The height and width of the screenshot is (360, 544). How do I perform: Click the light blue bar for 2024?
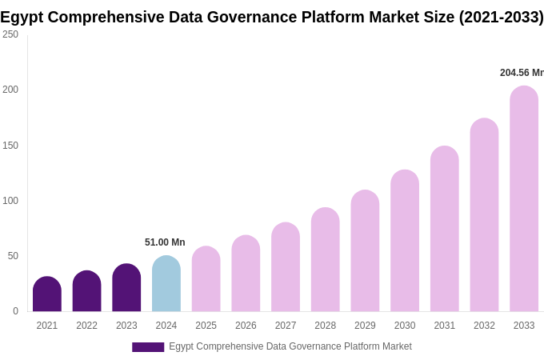click(166, 284)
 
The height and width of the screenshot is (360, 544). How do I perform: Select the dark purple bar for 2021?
click(47, 294)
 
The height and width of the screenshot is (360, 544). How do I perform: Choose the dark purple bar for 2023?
click(126, 288)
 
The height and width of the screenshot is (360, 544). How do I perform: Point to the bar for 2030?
click(405, 241)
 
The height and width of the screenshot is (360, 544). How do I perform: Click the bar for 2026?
click(246, 274)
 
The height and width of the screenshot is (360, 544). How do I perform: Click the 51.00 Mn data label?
click(165, 242)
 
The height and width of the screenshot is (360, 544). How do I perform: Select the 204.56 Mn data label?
click(522, 73)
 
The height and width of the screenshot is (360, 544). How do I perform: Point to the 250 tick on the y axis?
click(10, 34)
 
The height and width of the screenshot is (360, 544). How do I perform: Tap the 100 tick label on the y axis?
click(10, 201)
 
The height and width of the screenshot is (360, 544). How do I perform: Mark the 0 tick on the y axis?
click(15, 311)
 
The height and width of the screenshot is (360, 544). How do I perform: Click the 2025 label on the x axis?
click(206, 326)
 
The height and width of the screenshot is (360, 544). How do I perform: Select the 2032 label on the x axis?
click(484, 326)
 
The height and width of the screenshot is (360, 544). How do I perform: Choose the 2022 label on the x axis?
click(86, 326)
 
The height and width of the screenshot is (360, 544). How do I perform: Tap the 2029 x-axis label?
click(365, 326)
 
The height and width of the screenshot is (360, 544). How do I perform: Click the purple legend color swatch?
click(148, 347)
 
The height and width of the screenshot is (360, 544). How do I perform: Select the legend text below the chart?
click(290, 346)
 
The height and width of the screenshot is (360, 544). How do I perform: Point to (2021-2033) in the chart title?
click(501, 17)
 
